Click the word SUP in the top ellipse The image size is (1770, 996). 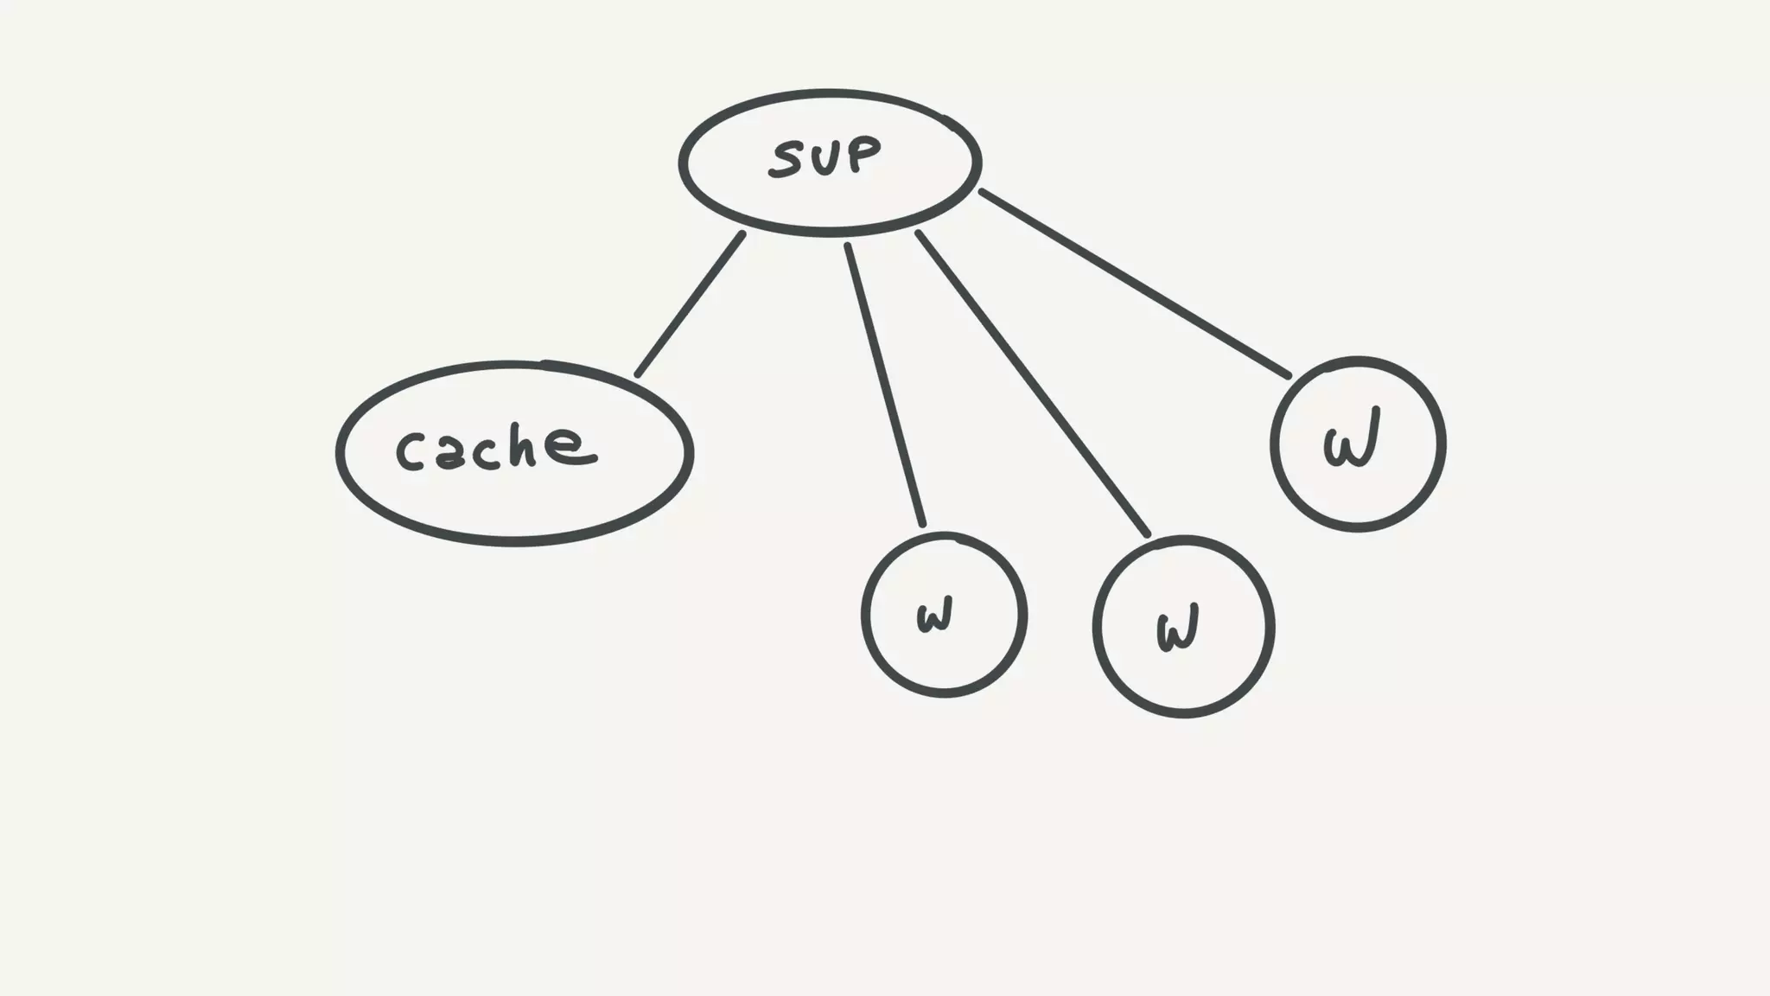tap(825, 157)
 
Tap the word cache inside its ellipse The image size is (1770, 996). tap(495, 448)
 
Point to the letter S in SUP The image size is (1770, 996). tap(789, 160)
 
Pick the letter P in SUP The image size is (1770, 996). tap(863, 153)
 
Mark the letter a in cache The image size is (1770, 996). tap(449, 453)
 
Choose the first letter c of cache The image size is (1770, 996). tap(411, 452)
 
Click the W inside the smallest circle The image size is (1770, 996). tap(934, 616)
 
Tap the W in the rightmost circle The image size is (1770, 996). tap(1351, 438)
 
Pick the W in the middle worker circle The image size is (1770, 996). tap(1177, 629)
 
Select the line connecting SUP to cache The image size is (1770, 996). tap(690, 304)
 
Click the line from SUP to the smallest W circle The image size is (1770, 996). tap(885, 385)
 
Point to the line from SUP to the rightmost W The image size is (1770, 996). tap(1134, 284)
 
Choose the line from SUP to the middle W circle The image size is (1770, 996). tap(1032, 383)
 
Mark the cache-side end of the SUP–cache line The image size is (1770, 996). tap(638, 374)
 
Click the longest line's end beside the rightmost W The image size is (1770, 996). tap(1288, 376)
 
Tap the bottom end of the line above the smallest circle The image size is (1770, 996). tap(923, 524)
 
